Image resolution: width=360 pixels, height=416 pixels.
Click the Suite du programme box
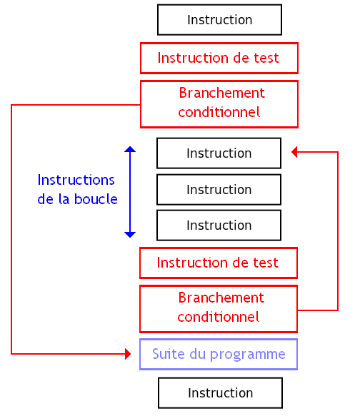point(218,355)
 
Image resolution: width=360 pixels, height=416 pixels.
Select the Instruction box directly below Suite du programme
point(220,393)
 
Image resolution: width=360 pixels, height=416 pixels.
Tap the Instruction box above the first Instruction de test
point(219,20)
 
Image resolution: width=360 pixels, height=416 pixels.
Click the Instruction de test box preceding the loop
point(219,58)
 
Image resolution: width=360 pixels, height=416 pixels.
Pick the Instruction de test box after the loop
point(218,263)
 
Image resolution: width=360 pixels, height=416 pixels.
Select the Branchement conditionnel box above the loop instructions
point(219,103)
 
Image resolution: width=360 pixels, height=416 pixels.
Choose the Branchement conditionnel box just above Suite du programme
point(218,308)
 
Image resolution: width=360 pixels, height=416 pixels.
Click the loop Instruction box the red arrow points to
point(219,153)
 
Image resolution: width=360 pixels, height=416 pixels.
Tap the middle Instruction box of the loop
point(219,190)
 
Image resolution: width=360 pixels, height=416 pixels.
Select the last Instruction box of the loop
point(219,225)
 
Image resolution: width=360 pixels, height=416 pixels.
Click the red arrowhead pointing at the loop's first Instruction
point(296,151)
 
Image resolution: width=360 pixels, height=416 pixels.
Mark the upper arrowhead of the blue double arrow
point(130,151)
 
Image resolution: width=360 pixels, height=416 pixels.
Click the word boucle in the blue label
point(96,199)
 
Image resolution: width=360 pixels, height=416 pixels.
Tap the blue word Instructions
point(76,180)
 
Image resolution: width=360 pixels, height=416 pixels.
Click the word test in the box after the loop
point(266,263)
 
